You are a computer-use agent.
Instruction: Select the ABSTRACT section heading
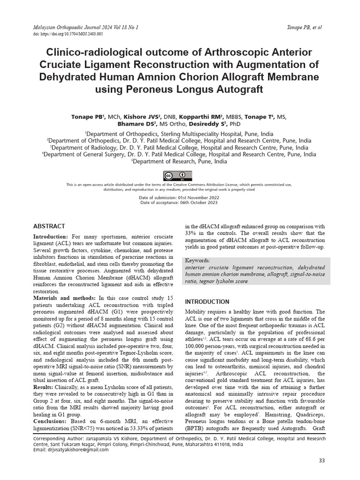click(x=49, y=226)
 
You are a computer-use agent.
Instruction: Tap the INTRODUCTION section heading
click(x=207, y=301)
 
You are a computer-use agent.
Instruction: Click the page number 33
click(x=322, y=461)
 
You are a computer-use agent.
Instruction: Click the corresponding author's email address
click(x=72, y=450)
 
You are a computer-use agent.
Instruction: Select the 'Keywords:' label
click(x=198, y=260)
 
